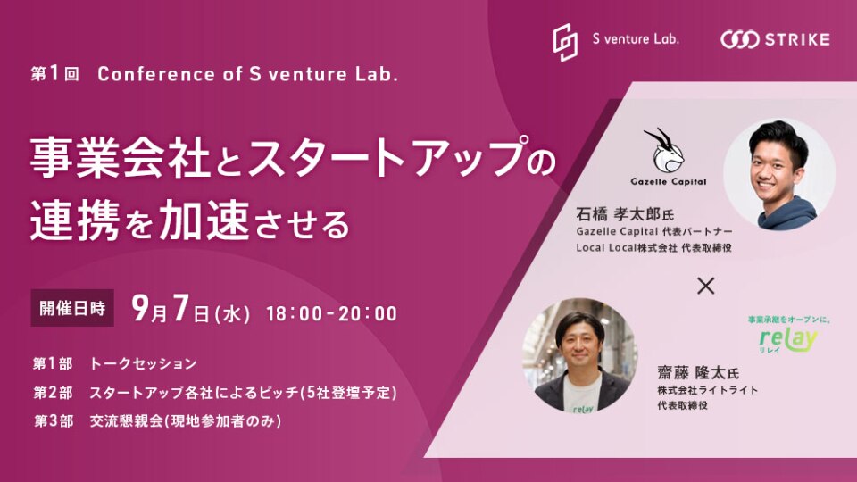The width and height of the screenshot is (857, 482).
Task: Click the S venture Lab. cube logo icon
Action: (x=565, y=42)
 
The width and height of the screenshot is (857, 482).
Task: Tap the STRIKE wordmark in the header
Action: (x=797, y=40)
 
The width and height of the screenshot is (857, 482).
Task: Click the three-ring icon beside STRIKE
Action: (x=739, y=40)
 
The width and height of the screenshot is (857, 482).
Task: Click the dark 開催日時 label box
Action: (x=72, y=308)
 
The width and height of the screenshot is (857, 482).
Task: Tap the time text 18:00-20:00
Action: (x=332, y=313)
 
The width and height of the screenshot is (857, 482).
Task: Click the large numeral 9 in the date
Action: (x=141, y=308)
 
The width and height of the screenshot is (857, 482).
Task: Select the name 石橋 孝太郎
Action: (x=618, y=213)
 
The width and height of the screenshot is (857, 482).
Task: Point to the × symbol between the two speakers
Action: (x=705, y=286)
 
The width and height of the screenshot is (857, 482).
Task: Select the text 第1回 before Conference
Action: (x=55, y=74)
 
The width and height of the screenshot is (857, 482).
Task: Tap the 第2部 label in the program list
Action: (x=53, y=393)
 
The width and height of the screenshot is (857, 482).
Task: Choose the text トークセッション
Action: (x=143, y=364)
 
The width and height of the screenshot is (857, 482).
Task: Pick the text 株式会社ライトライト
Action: (x=707, y=390)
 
